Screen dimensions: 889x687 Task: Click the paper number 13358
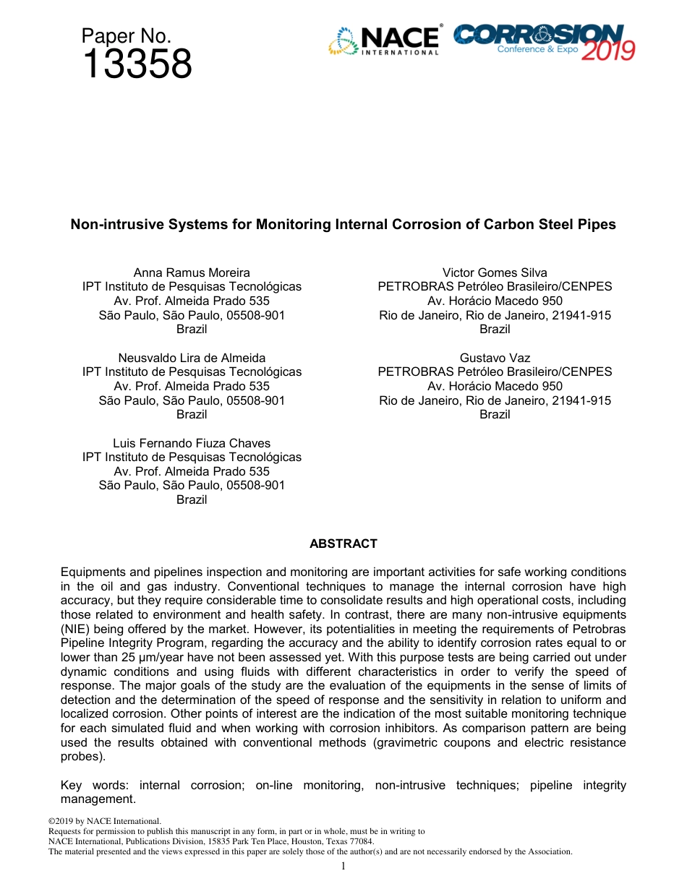coord(137,64)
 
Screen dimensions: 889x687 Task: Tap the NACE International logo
coord(385,41)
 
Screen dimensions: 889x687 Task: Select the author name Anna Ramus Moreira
coord(192,272)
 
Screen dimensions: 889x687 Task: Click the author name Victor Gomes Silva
coord(495,272)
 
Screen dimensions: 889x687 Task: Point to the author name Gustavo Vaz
coord(495,358)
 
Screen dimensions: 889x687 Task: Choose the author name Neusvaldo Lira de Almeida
coord(192,358)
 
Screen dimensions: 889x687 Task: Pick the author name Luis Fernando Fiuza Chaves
coord(192,443)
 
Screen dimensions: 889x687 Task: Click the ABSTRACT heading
coord(343,544)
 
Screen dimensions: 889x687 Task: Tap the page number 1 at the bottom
coord(343,866)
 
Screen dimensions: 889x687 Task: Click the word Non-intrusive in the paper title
coord(109,225)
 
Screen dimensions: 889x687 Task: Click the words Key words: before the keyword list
coord(94,785)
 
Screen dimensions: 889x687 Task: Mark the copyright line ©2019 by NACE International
coord(104,821)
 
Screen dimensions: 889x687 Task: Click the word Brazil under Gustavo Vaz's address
coord(495,414)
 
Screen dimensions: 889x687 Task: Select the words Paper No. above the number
coord(126,36)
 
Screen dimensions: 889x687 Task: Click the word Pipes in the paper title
coord(598,225)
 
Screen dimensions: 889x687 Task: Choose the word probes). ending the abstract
coord(82,757)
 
